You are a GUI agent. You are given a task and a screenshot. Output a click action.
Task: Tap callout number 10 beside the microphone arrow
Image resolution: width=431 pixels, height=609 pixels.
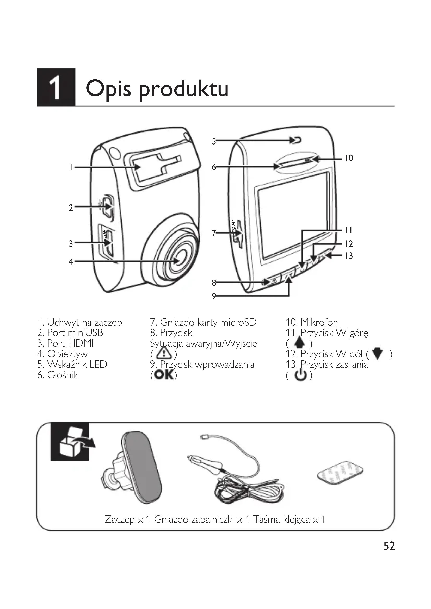pos(349,158)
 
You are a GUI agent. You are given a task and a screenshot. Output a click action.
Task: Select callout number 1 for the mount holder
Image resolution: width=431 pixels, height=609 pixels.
pos(71,167)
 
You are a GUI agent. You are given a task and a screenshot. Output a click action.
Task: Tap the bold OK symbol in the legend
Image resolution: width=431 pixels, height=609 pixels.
pos(164,375)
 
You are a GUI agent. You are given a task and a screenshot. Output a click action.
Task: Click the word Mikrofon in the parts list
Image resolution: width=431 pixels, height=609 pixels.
pos(319,323)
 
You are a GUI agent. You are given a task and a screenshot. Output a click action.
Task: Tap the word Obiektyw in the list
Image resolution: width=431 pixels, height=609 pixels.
pos(67,354)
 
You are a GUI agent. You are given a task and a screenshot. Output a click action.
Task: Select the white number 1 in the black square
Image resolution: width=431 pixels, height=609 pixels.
pos(56,88)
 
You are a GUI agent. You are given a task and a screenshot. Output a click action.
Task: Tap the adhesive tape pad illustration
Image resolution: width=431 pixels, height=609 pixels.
pos(340,473)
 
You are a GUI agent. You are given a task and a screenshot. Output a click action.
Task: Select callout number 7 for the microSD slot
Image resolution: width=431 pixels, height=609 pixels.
pos(214,233)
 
